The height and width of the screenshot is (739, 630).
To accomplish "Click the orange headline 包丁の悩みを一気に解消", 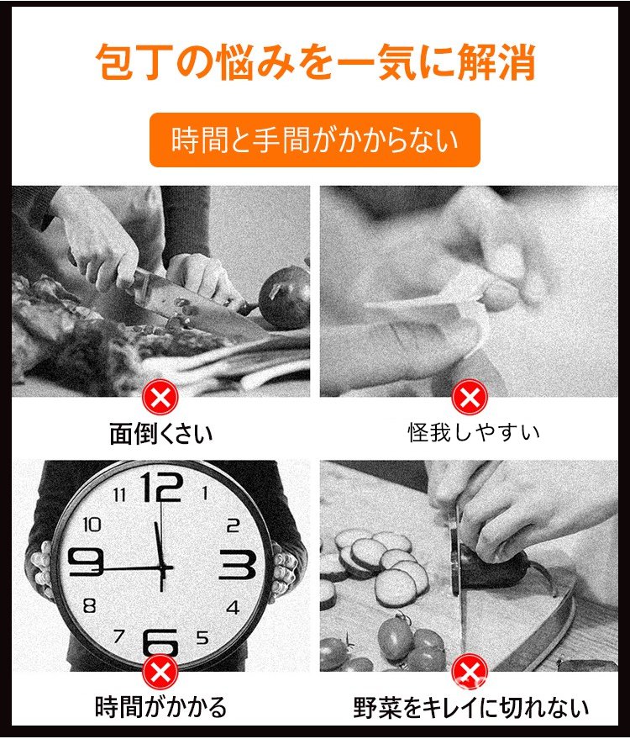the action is point(316,62).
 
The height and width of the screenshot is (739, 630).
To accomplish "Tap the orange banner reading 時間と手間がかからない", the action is point(314,140).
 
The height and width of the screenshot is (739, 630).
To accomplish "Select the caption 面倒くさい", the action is point(161,434).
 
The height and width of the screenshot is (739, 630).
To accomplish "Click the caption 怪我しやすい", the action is point(473,433).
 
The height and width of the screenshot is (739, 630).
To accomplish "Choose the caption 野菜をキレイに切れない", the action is point(471,708).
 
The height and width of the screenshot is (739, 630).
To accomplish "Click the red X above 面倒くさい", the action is point(160,398).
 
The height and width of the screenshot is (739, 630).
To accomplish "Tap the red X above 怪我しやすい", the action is point(470,398).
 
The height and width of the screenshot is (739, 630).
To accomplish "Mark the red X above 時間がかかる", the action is point(160,672).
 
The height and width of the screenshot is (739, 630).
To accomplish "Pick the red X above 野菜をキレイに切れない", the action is point(470,672).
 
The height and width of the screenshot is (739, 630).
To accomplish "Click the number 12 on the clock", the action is point(161,487).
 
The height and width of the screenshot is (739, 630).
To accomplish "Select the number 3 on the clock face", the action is point(238,564).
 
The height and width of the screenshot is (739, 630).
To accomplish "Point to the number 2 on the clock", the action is point(233,525).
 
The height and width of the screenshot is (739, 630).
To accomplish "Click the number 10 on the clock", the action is point(92,524).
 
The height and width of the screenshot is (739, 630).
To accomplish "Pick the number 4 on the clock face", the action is point(233,607).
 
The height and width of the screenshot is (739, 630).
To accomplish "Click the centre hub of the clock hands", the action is point(162,569).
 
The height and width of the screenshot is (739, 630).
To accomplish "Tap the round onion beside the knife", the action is point(284,298).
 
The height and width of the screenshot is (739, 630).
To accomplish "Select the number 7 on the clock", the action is point(119,636).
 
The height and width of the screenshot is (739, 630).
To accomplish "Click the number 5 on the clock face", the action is point(202,637).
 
